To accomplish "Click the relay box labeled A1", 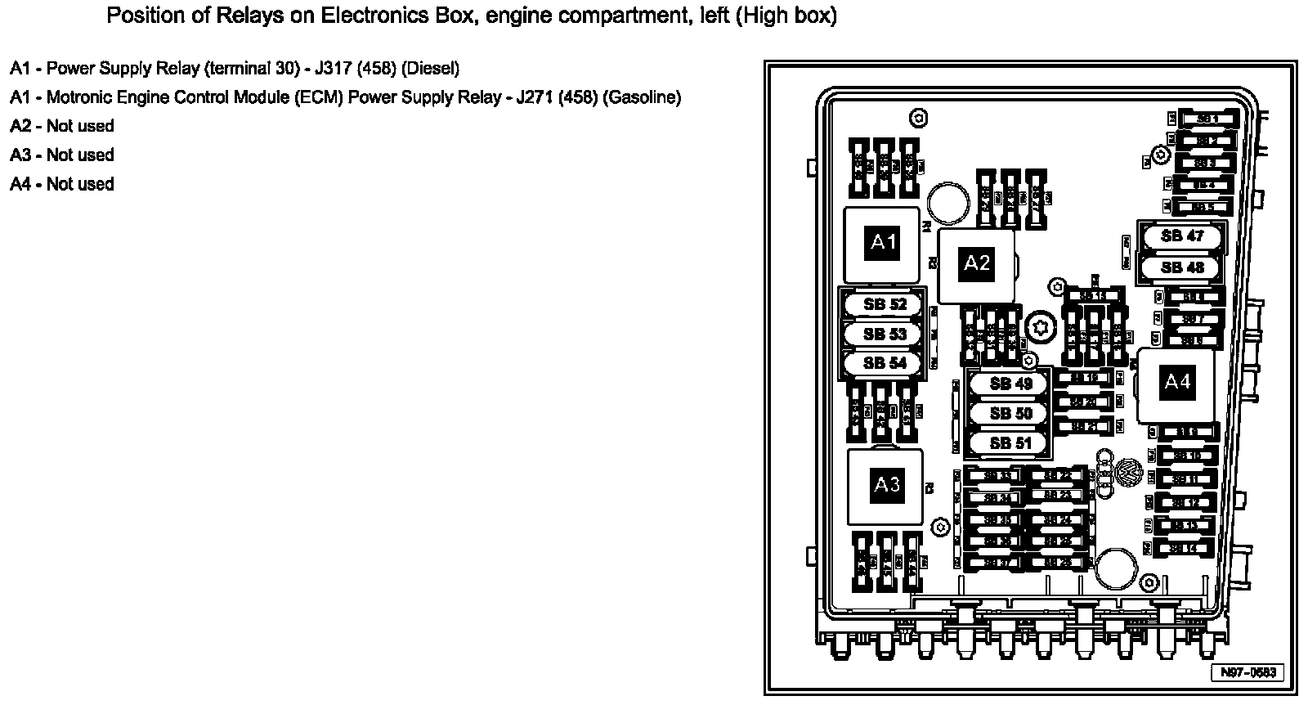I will pyautogui.click(x=883, y=243).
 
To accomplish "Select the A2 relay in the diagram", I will pyautogui.click(x=976, y=264).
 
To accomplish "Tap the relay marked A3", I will pyautogui.click(x=886, y=486).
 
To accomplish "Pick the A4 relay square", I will pyautogui.click(x=1177, y=383).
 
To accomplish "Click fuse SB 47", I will pyautogui.click(x=1182, y=236).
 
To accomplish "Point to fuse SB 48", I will pyautogui.click(x=1182, y=267).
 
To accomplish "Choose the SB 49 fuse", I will pyautogui.click(x=1010, y=384).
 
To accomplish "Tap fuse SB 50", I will pyautogui.click(x=1010, y=414).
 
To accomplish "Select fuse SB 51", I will pyautogui.click(x=1010, y=443).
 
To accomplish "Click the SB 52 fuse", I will pyautogui.click(x=885, y=304).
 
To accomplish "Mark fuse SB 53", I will pyautogui.click(x=885, y=334).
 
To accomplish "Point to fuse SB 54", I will pyautogui.click(x=885, y=363).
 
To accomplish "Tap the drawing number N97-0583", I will pyautogui.click(x=1248, y=672).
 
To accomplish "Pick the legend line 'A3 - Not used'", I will pyautogui.click(x=62, y=155).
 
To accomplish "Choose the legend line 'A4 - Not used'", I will pyautogui.click(x=62, y=184).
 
